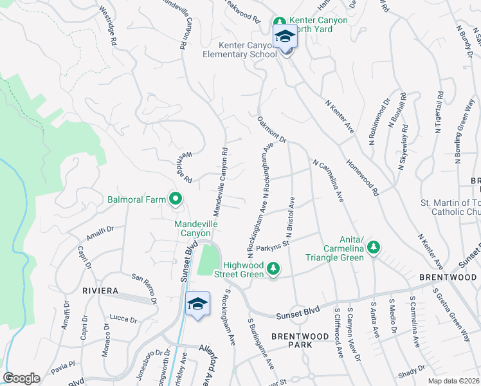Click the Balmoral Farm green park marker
pyautogui.click(x=175, y=199)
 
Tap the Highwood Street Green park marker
pyautogui.click(x=273, y=268)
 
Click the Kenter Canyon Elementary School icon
pyautogui.click(x=285, y=38)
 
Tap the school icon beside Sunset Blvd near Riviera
pyautogui.click(x=198, y=304)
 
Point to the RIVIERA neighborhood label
pyautogui.click(x=102, y=291)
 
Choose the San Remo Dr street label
pyautogui.click(x=144, y=288)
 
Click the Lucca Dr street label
pyautogui.click(x=123, y=318)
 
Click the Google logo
pyautogui.click(x=21, y=378)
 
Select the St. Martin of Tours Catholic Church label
pyautogui.click(x=450, y=207)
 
